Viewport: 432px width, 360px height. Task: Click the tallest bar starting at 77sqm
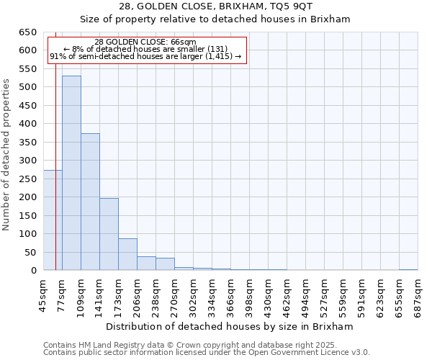71,173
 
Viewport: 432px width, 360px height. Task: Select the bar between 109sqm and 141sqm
90,202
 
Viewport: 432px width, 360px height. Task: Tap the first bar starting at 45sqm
53,220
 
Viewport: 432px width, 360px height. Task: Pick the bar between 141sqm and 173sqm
109,234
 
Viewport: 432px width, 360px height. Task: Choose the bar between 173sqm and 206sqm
127,254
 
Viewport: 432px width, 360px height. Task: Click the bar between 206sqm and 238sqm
146,264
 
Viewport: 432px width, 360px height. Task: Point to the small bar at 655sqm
408,269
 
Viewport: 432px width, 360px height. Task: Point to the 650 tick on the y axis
28,32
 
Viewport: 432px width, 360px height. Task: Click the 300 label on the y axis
28,161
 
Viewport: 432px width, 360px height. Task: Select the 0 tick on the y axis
33,271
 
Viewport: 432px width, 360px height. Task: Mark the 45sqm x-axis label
43,294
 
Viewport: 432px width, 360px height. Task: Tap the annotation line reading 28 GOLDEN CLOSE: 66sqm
145,42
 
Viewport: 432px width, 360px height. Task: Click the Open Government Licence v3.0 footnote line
207,352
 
